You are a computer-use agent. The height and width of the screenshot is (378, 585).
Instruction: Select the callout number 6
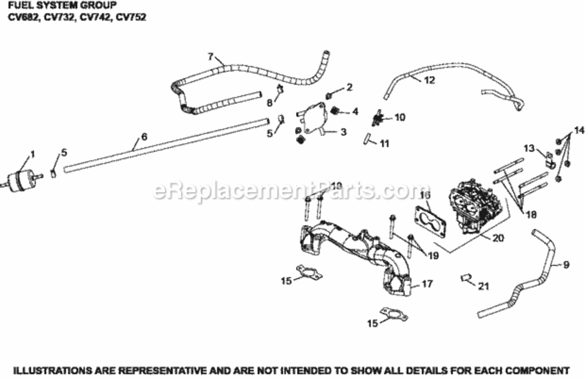(x=144, y=137)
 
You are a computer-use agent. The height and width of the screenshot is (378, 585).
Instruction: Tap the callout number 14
(x=577, y=129)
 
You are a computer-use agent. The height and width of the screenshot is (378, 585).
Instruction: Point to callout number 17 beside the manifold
(x=427, y=284)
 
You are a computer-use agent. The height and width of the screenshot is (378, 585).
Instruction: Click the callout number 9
(x=566, y=264)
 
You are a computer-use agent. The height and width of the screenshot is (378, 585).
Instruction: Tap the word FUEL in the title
(x=16, y=6)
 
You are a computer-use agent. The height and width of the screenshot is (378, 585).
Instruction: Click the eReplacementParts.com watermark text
(x=291, y=191)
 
